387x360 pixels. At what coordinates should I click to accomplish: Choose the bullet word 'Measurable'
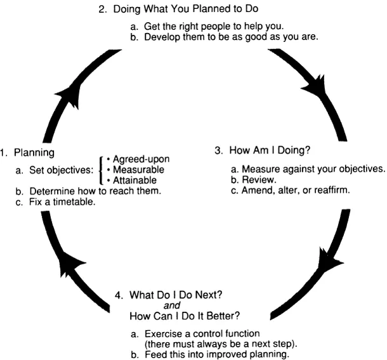(x=138, y=170)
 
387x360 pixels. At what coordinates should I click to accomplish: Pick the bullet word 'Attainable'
(x=136, y=181)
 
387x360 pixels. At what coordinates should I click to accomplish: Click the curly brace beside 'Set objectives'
(x=102, y=170)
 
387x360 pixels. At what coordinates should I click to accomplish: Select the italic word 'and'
(x=171, y=305)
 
